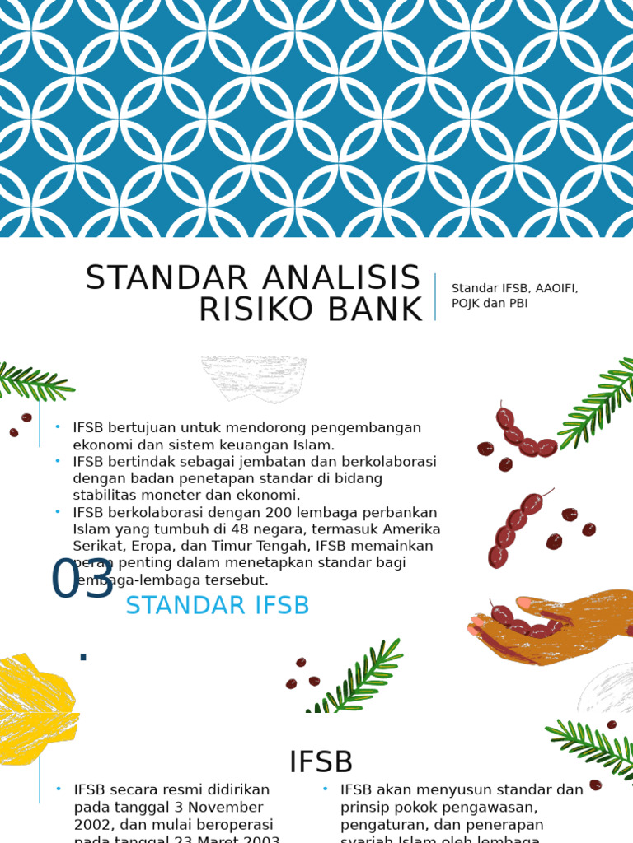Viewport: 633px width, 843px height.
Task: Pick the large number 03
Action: click(x=82, y=580)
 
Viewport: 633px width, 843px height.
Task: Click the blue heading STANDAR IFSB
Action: click(x=218, y=606)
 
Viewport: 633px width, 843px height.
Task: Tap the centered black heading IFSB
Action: click(x=321, y=762)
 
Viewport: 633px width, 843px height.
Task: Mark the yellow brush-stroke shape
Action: click(x=35, y=708)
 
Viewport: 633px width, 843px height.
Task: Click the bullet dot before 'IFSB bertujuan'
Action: click(x=58, y=427)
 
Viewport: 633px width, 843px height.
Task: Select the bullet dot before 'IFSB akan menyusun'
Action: click(x=326, y=789)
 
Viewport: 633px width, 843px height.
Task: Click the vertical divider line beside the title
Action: click(x=435, y=296)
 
